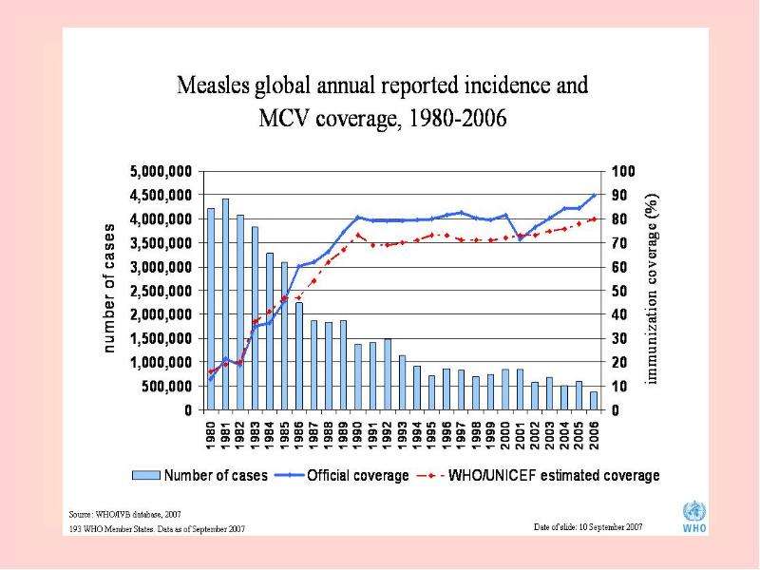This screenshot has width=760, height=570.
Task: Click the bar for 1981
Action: point(225,304)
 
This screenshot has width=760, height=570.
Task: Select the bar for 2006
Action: point(593,401)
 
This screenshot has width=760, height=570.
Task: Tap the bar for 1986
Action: point(299,356)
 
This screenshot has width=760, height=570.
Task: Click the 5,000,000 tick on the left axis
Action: point(161,172)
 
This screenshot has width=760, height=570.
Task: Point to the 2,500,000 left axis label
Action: point(161,291)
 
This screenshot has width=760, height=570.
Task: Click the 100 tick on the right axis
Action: point(623,172)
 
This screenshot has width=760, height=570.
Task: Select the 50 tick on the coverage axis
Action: point(619,291)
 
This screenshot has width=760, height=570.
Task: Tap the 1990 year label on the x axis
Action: point(358,435)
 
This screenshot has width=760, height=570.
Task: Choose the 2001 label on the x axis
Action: point(520,435)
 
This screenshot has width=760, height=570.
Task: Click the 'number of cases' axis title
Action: point(109,289)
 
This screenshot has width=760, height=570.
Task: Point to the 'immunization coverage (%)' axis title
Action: point(652,289)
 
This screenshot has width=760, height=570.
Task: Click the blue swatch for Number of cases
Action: point(146,475)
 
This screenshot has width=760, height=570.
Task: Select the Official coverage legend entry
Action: point(342,475)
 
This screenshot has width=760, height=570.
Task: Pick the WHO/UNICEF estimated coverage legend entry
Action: point(538,475)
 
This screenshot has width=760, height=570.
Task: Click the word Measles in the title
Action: point(213,85)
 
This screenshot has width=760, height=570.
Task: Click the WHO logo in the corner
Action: point(694,517)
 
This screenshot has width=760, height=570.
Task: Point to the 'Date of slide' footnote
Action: point(588,527)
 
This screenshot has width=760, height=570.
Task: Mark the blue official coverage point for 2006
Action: point(594,195)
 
